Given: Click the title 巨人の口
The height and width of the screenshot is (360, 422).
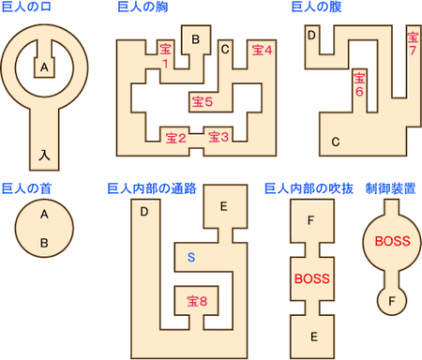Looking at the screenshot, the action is coord(26,7).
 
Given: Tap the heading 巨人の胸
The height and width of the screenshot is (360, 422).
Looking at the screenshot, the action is coord(143,7).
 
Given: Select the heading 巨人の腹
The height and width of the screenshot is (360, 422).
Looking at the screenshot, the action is coord(316,7).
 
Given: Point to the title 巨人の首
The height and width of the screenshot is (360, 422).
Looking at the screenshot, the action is coord(26,188).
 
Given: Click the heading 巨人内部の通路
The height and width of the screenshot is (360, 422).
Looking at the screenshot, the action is coord(152,188).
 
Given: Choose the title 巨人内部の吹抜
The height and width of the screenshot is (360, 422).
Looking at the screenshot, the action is coord(309,188).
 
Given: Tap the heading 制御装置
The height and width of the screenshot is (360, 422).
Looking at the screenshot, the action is coord(391,188).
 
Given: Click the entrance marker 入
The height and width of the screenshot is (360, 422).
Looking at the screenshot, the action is coord(44,155).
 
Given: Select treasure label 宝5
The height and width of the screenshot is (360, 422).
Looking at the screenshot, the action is coord(203,101).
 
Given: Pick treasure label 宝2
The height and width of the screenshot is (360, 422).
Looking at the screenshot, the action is coord(176,138).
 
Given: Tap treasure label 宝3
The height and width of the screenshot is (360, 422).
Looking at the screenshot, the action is coord(219,137).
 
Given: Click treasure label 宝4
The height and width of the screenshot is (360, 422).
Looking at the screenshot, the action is coord(263,50).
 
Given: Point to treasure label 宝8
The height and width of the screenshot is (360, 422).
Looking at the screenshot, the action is coord(197,301).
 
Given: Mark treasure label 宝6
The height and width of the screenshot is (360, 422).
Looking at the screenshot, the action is coord(359,84).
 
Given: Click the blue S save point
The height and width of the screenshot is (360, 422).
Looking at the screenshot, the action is coord(191,257).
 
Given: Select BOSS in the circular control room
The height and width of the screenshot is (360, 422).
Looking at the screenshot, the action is coord(393,241).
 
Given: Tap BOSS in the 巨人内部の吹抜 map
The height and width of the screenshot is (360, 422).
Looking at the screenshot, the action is coord(312,278).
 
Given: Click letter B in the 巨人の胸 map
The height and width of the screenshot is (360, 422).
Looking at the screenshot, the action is coord(196,39).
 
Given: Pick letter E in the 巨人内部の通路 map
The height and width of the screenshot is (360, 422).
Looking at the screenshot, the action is coord(223,206).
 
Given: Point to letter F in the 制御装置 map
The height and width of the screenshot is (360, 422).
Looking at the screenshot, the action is coord(392,301).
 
